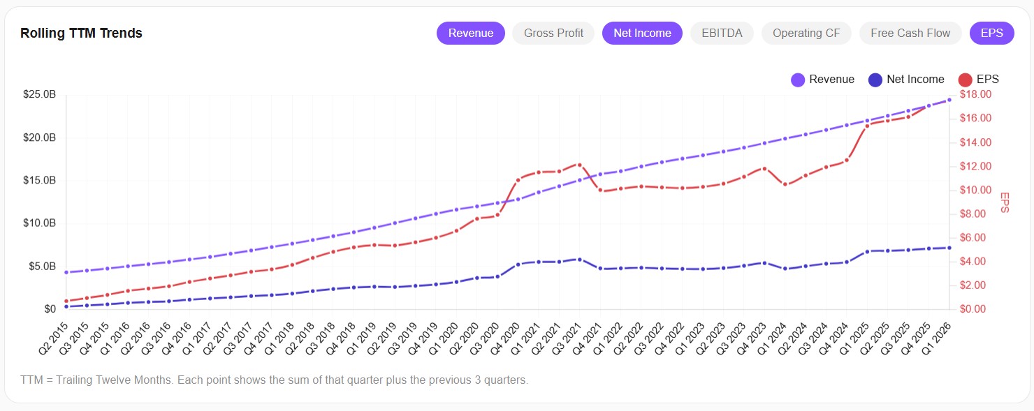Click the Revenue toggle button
coord(470,33)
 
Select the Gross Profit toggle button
coord(553,33)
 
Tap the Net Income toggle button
coord(642,33)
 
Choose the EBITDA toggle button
coord(722,33)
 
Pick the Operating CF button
coord(806,33)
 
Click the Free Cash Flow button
coord(910,33)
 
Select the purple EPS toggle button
coord(991,33)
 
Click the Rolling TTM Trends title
coord(81,33)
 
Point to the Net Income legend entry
coord(906,80)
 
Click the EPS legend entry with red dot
coord(979,80)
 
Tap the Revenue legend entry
coord(823,80)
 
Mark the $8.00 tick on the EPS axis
coord(974,214)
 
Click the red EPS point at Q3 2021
coord(579,165)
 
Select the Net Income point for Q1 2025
coord(867,251)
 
